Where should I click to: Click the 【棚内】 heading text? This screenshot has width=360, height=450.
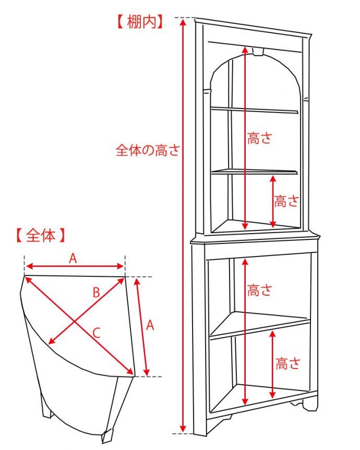[x=138, y=22]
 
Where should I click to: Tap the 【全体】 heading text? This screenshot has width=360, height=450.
[x=40, y=236]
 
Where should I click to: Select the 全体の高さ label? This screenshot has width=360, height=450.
[x=147, y=151]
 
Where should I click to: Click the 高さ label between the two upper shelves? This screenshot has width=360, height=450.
[x=260, y=139]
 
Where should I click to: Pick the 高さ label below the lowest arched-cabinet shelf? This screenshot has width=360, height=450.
[x=286, y=201]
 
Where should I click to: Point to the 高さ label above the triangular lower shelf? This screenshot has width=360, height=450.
[x=260, y=290]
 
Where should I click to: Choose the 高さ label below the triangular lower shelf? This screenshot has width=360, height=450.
[x=287, y=363]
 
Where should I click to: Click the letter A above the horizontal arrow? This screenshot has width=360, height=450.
[x=73, y=257]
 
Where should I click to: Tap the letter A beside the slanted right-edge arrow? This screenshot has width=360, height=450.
[x=150, y=325]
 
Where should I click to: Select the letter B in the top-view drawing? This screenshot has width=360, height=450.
[x=96, y=293]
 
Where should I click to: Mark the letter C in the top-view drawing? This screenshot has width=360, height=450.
[x=97, y=332]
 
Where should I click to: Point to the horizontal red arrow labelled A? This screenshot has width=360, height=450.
[x=75, y=265]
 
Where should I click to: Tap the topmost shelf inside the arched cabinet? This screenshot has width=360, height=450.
[x=254, y=110]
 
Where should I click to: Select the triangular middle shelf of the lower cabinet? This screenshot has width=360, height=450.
[x=261, y=324]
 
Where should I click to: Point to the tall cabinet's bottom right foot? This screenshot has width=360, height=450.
[x=309, y=405]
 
